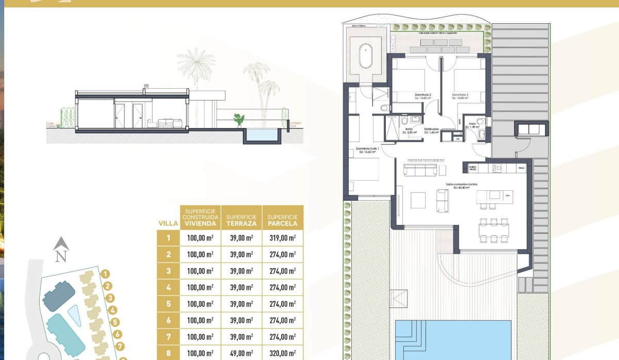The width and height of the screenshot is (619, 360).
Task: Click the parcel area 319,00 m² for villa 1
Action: point(283,238)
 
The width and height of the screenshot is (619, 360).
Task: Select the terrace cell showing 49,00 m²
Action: point(241,353)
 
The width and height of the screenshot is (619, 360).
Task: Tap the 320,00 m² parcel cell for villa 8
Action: point(283,353)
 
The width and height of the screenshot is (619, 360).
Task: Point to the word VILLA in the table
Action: point(168,224)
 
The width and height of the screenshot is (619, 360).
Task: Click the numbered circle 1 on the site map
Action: point(105,274)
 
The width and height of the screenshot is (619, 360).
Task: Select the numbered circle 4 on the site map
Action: point(113,310)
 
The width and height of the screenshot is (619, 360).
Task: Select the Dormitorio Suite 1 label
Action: point(367,150)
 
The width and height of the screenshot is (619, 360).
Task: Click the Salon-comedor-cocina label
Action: point(462,185)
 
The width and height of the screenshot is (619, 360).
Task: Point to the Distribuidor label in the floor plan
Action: point(431,130)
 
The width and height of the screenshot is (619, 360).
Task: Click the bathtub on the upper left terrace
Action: point(366,56)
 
